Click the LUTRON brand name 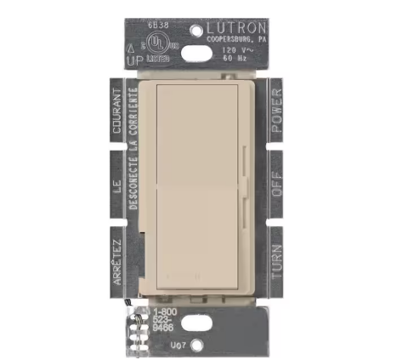tap(235, 27)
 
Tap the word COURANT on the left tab tap(118, 113)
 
